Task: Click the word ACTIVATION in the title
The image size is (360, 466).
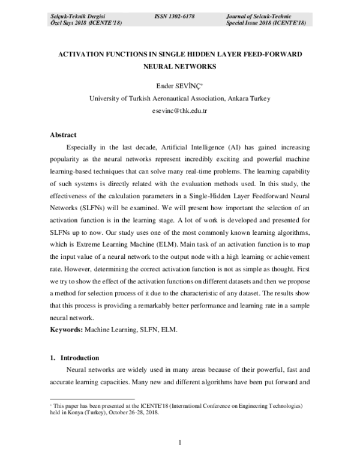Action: [83, 54]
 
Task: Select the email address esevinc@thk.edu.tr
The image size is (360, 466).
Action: [179, 111]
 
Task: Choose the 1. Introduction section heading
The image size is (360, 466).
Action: [78, 358]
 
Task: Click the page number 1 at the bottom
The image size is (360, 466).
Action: [179, 443]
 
